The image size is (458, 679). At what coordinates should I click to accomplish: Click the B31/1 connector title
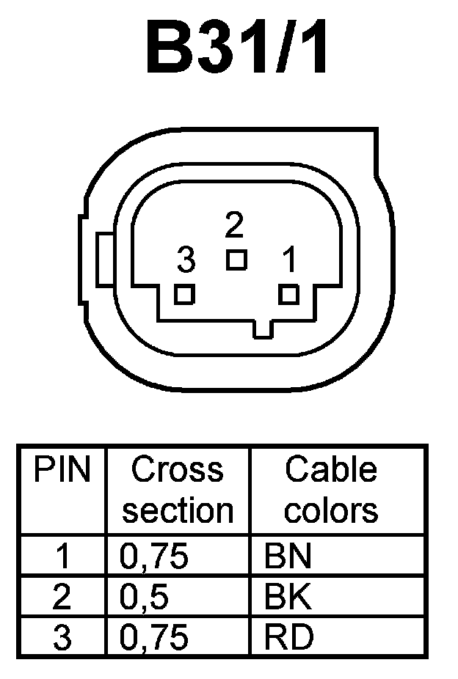[237, 50]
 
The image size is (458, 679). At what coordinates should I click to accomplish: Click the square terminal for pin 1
[290, 294]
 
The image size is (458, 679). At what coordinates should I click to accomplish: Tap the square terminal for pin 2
[236, 260]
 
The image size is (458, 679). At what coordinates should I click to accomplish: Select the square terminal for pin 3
[185, 294]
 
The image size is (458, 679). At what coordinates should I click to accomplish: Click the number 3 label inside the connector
[186, 259]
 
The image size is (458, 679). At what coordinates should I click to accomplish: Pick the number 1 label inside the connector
[289, 259]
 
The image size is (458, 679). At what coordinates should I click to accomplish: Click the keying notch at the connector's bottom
[262, 329]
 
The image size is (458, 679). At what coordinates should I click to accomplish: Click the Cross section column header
[178, 490]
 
